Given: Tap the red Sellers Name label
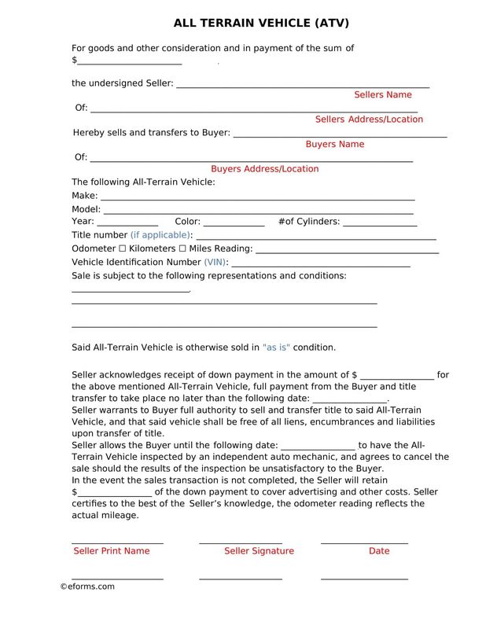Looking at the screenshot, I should (382, 94).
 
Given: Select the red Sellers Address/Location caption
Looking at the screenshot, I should (369, 120).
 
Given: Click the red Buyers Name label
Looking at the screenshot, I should (334, 145).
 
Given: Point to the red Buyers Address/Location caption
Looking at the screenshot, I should (264, 169).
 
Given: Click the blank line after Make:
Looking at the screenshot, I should (257, 197).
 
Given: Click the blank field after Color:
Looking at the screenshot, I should (234, 224).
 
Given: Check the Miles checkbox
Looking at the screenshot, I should (182, 248).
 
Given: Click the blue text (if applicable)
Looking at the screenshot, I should (161, 235).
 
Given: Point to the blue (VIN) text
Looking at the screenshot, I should (215, 262).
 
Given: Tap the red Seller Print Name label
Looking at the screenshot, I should (111, 551).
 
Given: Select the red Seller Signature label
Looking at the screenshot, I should (259, 551).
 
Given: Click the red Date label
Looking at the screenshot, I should (378, 551).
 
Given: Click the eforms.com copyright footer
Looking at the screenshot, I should (87, 587).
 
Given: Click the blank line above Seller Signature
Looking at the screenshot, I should (240, 541).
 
